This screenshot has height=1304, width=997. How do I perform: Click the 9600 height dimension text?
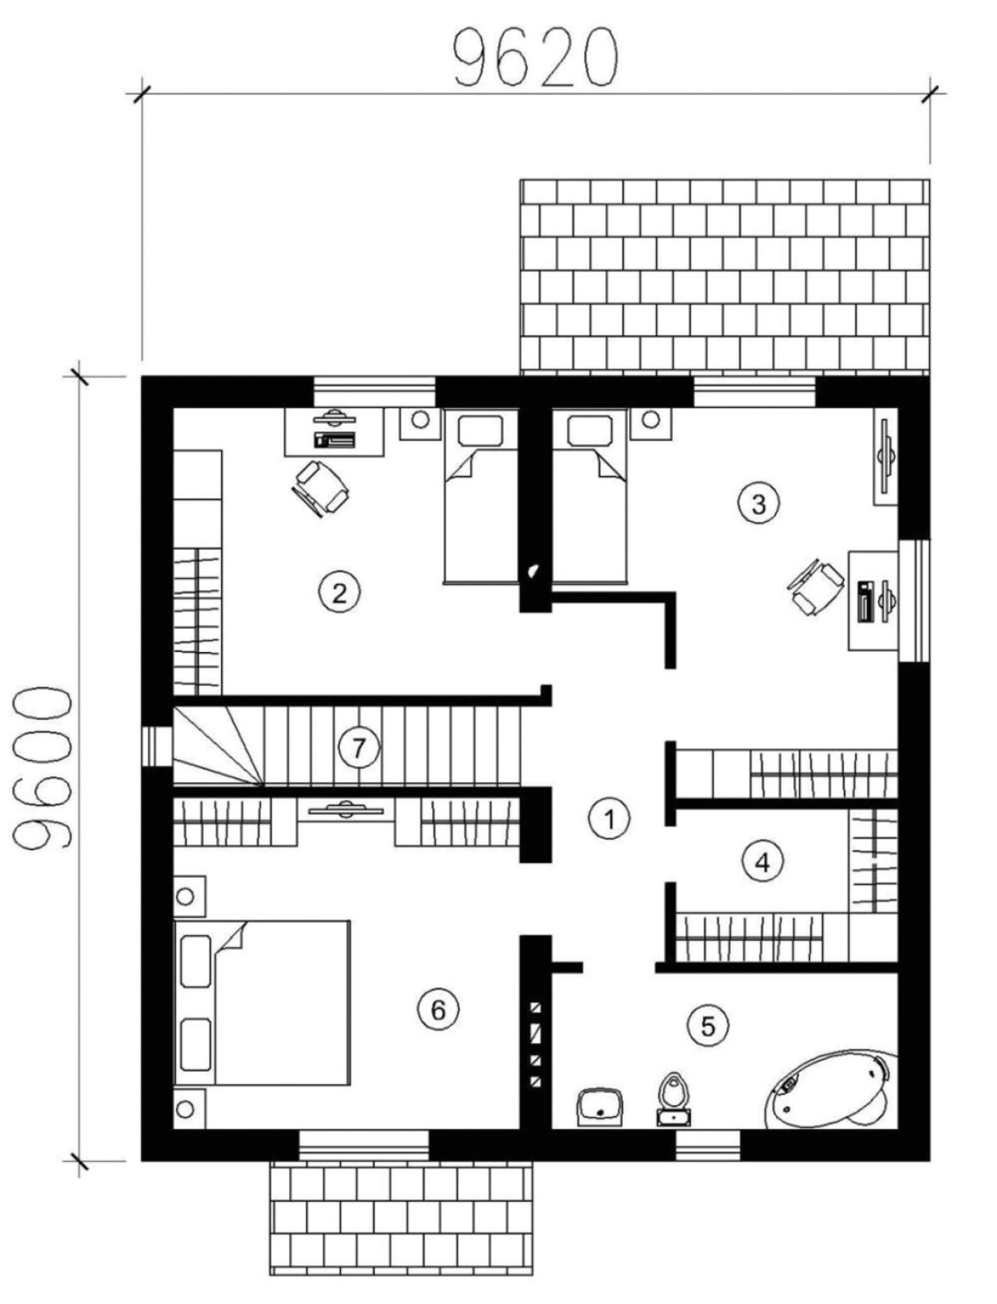tap(42, 768)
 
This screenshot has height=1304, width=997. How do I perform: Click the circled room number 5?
tap(707, 1026)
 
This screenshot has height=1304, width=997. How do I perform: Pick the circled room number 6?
tap(438, 1009)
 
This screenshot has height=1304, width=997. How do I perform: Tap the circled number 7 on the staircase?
tap(358, 748)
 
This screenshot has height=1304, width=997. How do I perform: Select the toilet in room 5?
tap(673, 1098)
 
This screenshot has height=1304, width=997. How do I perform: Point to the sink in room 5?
tap(600, 1105)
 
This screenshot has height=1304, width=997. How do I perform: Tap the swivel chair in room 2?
tap(322, 488)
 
